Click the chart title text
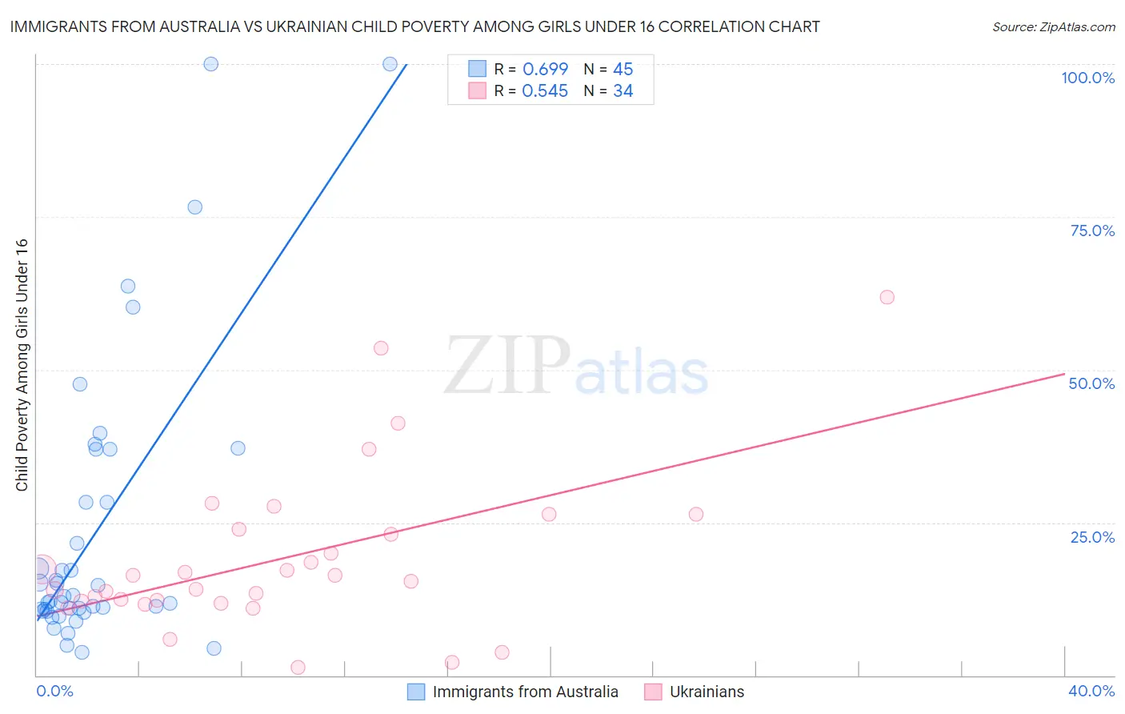tap(414, 26)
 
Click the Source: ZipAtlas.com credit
tap(1053, 26)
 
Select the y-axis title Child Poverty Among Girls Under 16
tap(22, 365)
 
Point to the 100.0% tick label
tap(1087, 78)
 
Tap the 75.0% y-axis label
tap(1092, 231)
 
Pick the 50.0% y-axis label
tap(1091, 383)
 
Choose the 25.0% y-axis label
tap(1092, 537)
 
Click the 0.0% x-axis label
tap(54, 691)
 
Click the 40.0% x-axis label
tap(1091, 691)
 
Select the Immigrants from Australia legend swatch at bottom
tap(416, 692)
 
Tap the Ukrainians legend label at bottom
tap(707, 692)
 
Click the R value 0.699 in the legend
tap(545, 69)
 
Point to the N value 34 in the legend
tap(623, 91)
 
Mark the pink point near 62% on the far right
tap(887, 297)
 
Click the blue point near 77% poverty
tap(194, 207)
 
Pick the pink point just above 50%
tap(381, 348)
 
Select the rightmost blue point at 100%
tap(390, 64)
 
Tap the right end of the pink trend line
tap(1064, 374)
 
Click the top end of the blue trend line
tap(406, 64)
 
